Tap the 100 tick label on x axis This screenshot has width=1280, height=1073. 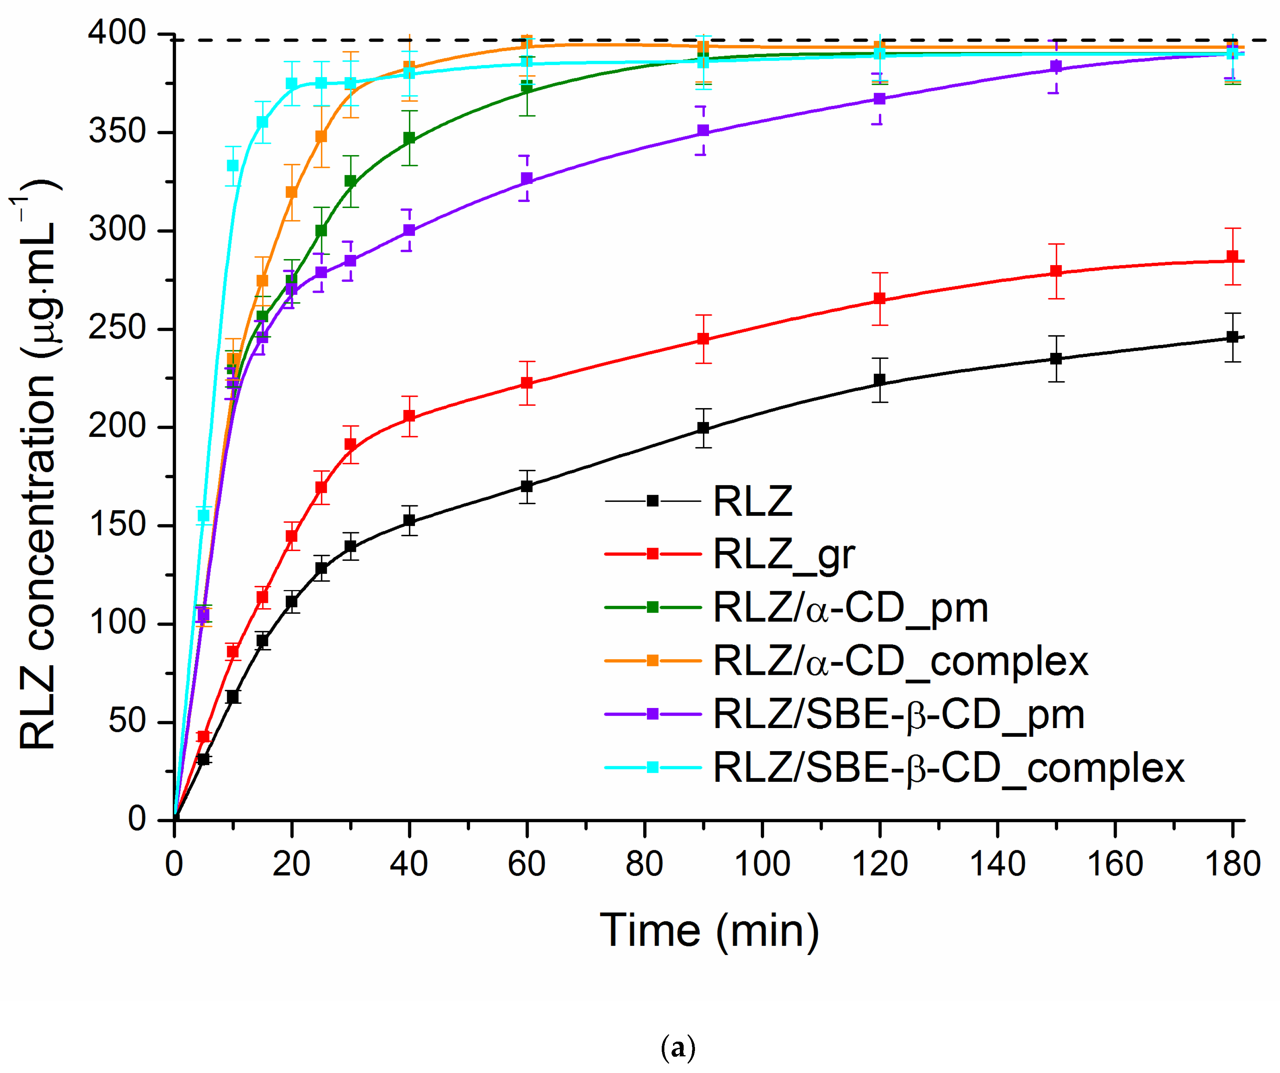(762, 864)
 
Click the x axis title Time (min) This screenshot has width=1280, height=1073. (709, 931)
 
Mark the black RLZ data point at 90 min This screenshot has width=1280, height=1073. (703, 428)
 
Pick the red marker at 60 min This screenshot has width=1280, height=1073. (527, 383)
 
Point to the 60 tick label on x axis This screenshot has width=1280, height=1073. (527, 864)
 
